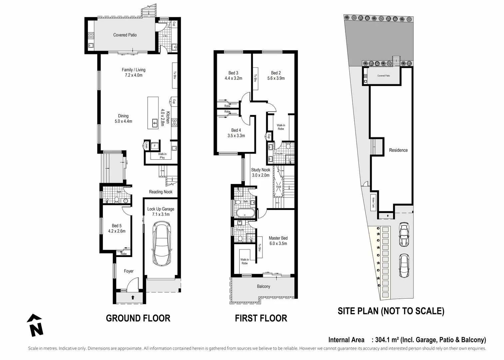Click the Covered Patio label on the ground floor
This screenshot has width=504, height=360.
[125, 35]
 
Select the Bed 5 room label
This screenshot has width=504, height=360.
[117, 226]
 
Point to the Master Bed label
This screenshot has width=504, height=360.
[278, 238]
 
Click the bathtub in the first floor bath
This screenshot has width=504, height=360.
[245, 213]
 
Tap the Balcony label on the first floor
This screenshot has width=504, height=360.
[263, 286]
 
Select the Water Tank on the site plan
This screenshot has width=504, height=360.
[373, 203]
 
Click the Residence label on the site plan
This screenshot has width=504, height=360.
[398, 150]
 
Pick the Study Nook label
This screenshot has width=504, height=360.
[260, 170]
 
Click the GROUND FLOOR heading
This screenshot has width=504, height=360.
[138, 318]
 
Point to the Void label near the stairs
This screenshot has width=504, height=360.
[278, 187]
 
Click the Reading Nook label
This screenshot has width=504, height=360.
[161, 192]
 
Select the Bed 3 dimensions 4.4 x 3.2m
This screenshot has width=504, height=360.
[233, 78]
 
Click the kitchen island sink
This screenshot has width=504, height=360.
[155, 123]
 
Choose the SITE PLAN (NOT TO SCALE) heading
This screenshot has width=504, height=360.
[391, 311]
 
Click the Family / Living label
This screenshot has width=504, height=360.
[133, 70]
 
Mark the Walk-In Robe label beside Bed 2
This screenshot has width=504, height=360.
[281, 127]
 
